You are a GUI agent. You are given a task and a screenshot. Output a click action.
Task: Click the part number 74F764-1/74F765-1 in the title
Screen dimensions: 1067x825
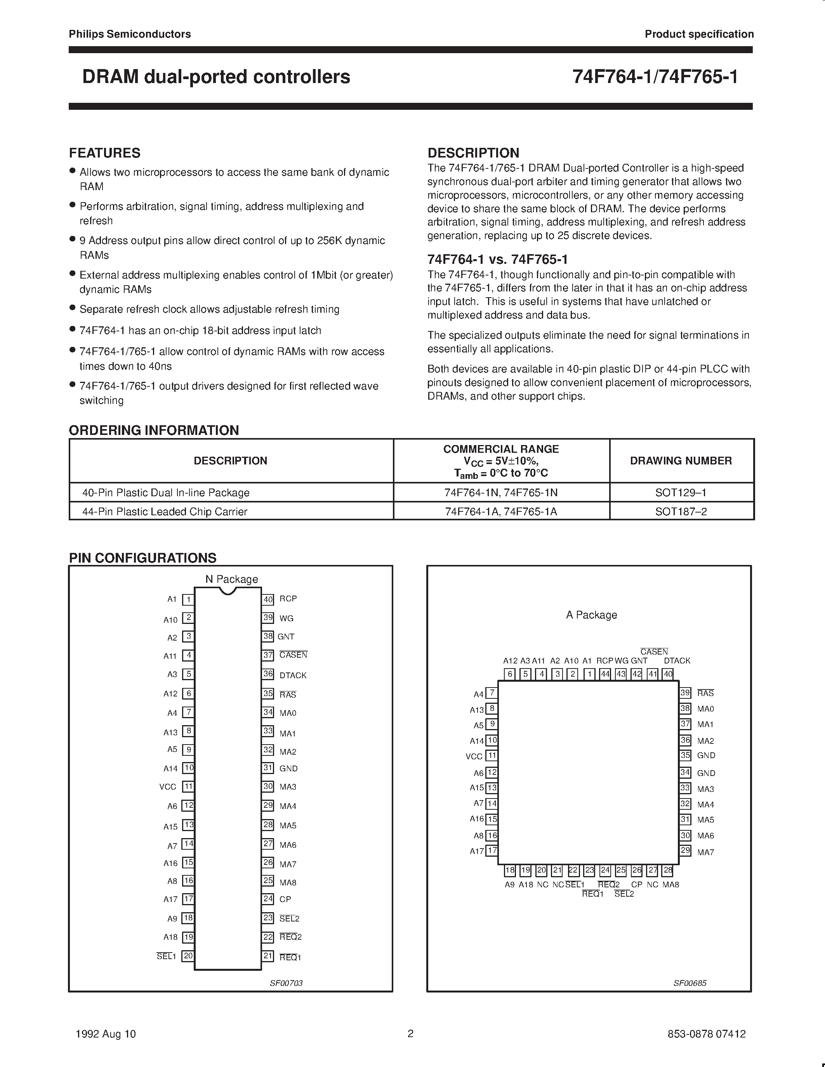655,77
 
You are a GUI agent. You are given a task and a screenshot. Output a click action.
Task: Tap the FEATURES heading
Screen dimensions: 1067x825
104,153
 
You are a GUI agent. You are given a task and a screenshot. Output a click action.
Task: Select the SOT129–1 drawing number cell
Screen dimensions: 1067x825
681,492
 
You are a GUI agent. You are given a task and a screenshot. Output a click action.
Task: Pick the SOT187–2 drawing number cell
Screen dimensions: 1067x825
681,511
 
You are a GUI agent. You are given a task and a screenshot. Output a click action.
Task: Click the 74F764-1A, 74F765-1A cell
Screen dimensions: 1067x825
501,511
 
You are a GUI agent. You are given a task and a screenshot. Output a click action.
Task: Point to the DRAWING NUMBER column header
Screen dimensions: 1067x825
681,461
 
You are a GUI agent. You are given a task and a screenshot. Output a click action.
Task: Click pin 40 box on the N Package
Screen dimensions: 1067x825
268,599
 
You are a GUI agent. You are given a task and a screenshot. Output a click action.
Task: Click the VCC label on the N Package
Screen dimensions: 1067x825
168,786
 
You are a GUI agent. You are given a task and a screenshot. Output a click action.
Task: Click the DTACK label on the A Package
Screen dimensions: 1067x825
677,660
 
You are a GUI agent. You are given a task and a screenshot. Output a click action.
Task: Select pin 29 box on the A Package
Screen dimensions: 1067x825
685,850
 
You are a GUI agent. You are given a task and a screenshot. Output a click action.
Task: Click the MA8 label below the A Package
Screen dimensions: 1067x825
670,884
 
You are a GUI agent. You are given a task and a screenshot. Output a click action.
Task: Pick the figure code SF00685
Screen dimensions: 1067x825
690,983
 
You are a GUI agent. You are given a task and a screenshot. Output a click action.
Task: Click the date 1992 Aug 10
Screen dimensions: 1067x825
106,1034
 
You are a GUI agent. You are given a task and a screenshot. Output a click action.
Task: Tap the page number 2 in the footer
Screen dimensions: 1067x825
410,1033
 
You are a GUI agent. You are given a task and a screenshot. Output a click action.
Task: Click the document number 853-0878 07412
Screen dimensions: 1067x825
706,1034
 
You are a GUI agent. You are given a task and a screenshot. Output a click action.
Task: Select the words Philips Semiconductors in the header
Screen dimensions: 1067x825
130,34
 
